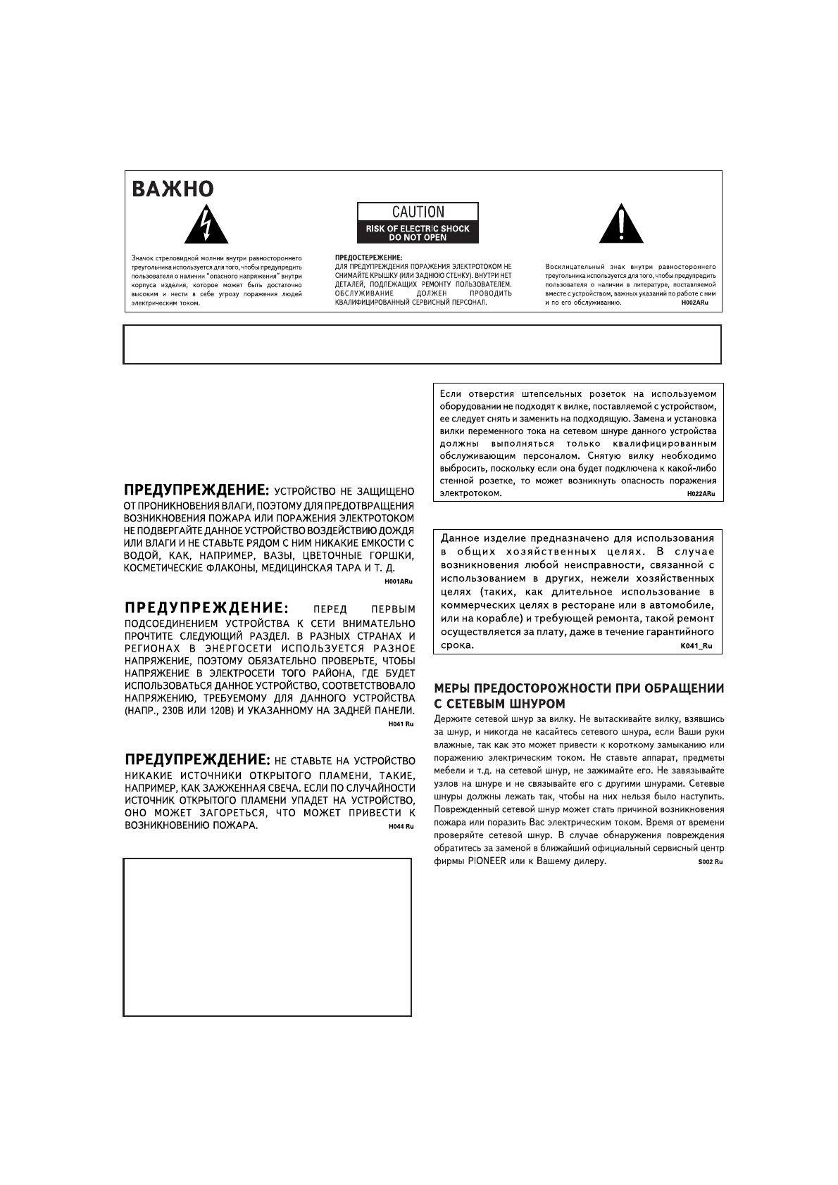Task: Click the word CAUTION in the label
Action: click(x=418, y=212)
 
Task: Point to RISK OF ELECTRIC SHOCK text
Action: click(x=418, y=229)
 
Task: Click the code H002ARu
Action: click(x=694, y=303)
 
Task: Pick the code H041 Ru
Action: click(x=401, y=724)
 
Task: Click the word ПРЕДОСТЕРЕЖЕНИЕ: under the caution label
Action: click(x=368, y=258)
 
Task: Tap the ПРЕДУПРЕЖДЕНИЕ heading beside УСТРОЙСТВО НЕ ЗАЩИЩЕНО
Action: click(x=196, y=489)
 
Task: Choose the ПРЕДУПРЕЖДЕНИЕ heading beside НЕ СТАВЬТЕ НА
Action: click(x=196, y=760)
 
